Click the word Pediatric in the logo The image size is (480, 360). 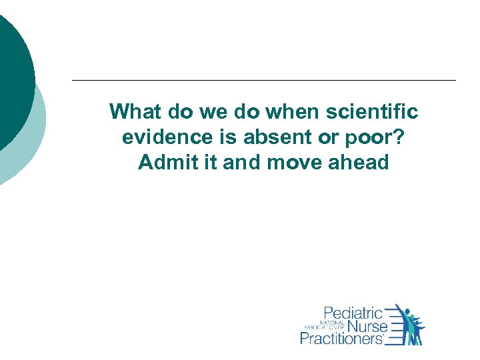pyautogui.click(x=353, y=313)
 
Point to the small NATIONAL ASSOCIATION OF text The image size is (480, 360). pyautogui.click(x=324, y=326)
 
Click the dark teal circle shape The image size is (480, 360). pyautogui.click(x=10, y=73)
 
